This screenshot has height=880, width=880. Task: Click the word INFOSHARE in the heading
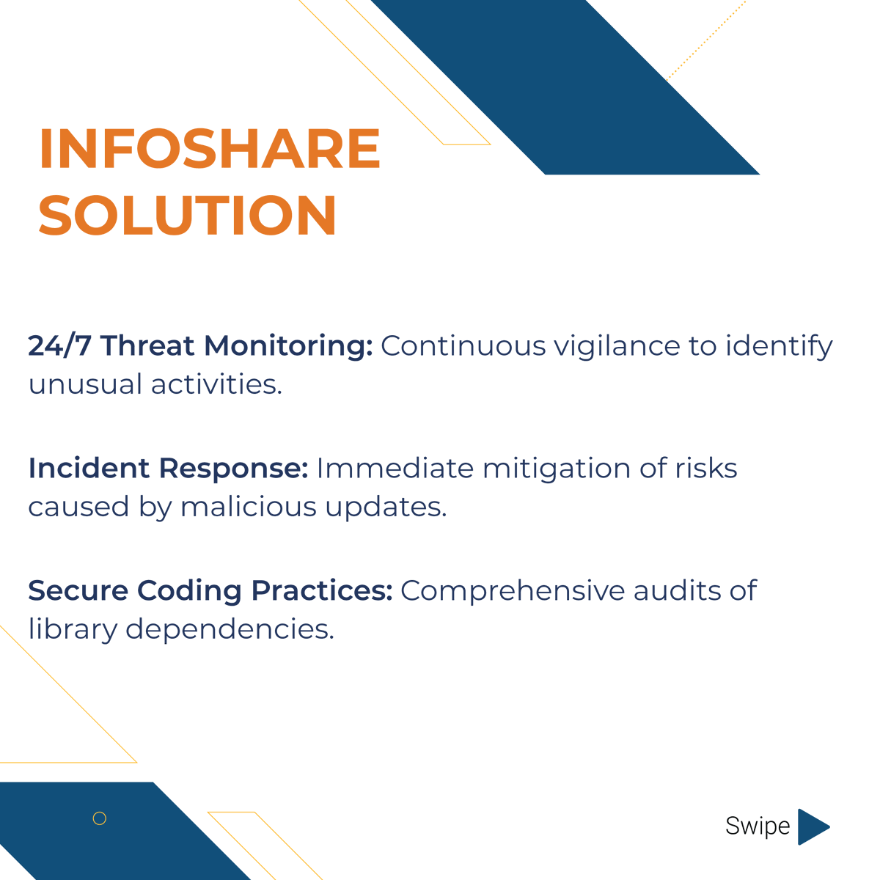click(x=210, y=149)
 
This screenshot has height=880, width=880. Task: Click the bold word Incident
click(x=89, y=468)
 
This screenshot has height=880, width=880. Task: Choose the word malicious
click(x=249, y=507)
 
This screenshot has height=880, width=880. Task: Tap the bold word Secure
click(x=78, y=590)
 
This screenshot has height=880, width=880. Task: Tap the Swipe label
click(x=758, y=826)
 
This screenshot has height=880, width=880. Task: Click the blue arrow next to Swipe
click(x=812, y=826)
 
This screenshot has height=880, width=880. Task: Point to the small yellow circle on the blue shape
click(x=100, y=818)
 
